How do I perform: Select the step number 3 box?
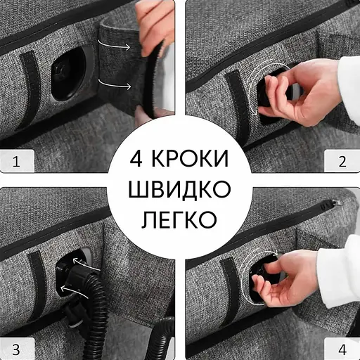tap(15, 347)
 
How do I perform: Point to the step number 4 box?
tap(343, 347)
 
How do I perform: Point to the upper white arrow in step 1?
tap(116, 46)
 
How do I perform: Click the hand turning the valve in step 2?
tap(299, 91)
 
